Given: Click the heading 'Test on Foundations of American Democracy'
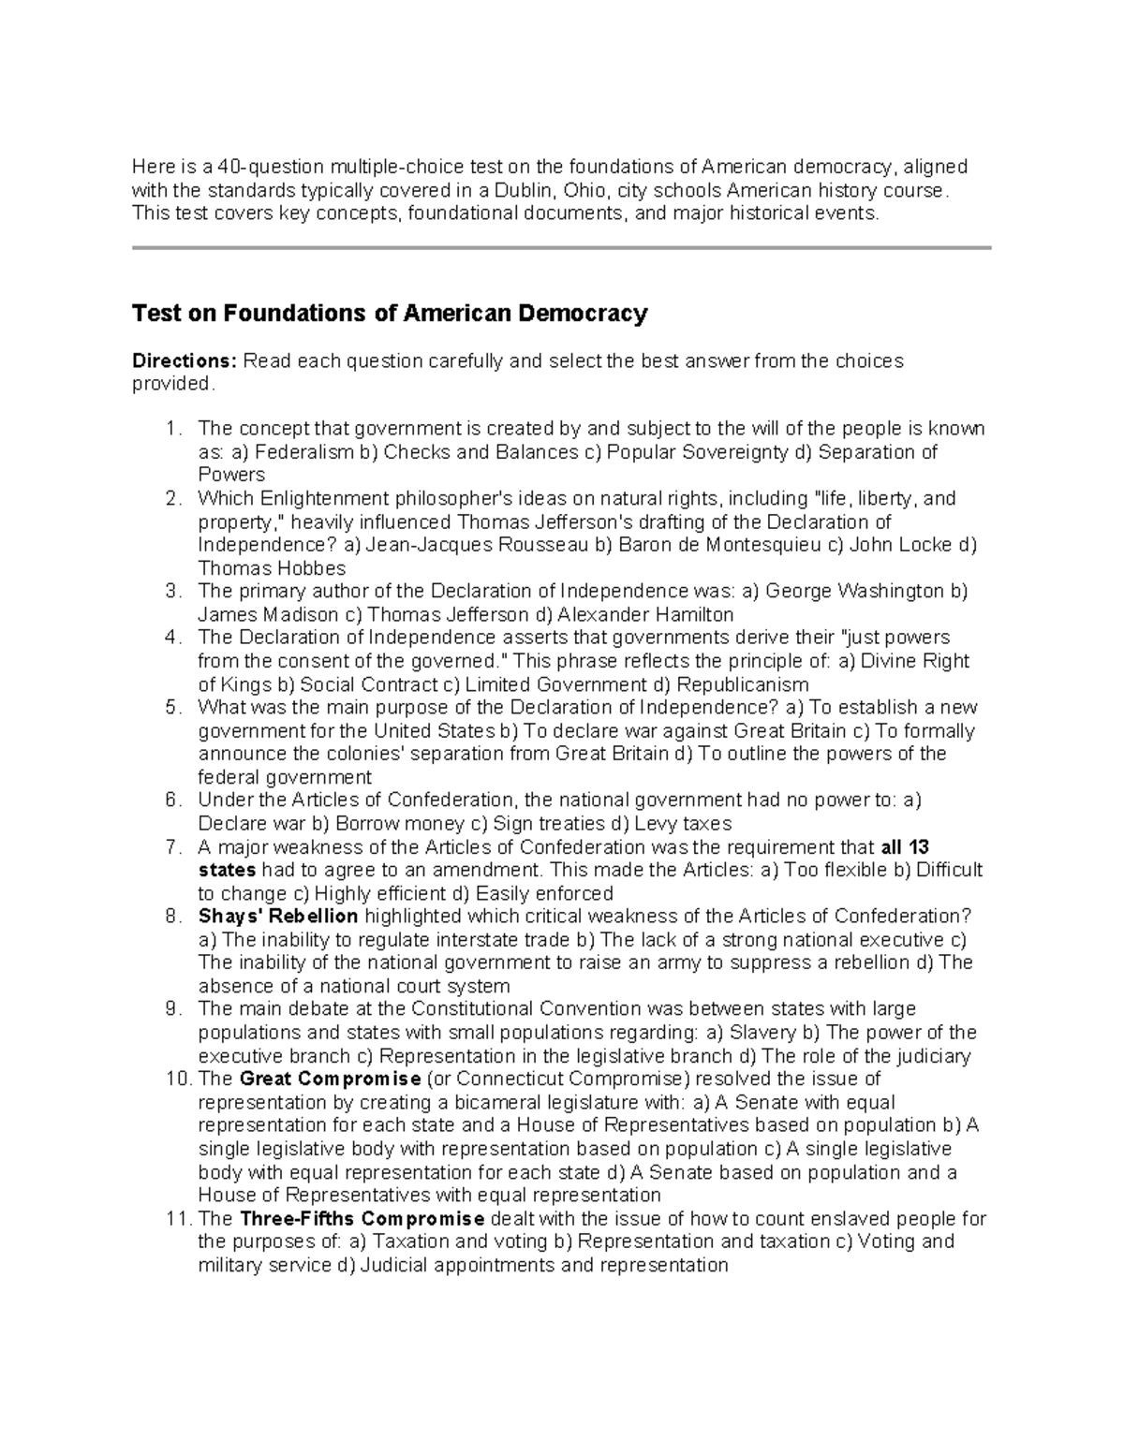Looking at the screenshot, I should click(x=390, y=314).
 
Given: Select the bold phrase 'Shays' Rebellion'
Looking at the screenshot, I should click(x=278, y=916).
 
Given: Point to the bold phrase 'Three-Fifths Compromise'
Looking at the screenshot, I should click(x=362, y=1219).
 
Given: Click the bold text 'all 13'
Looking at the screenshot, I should click(x=905, y=847).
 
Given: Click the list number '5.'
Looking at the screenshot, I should click(x=171, y=708).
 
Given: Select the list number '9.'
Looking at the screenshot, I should click(x=171, y=1009).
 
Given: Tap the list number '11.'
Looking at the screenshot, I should click(x=177, y=1219).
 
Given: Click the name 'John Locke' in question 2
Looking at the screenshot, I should click(x=915, y=545).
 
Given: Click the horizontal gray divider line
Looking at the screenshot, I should click(x=561, y=248).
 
